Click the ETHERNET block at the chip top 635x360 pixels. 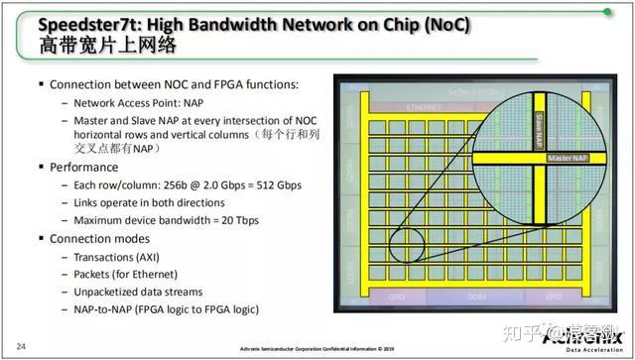423,106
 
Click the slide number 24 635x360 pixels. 20,345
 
